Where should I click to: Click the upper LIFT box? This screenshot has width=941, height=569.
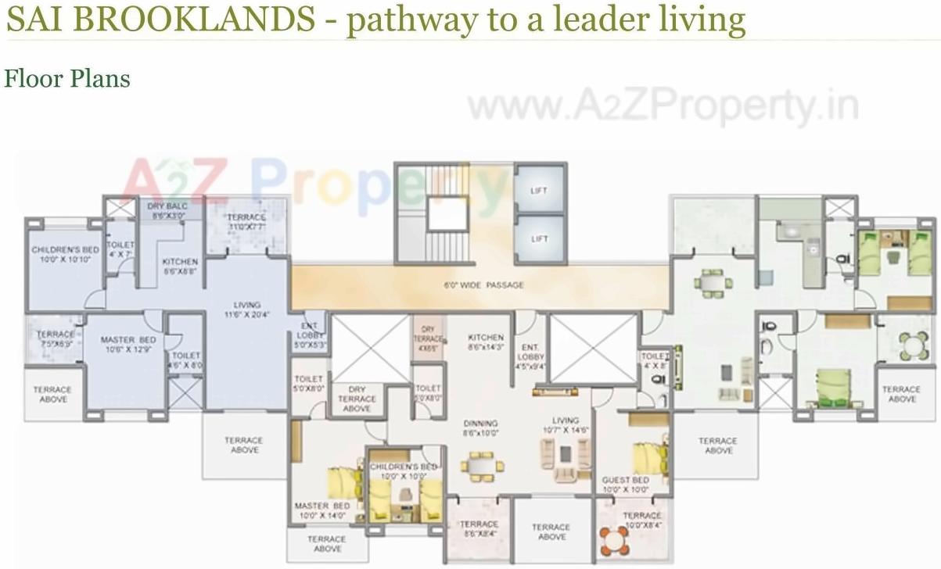(539, 190)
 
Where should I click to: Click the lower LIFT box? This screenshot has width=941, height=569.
(539, 238)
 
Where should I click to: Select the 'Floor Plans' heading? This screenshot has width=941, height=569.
(66, 78)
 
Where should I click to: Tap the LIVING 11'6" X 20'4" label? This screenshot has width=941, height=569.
(246, 310)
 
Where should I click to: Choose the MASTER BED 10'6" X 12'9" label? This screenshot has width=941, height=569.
(128, 345)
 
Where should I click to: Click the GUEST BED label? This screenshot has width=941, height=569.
(625, 485)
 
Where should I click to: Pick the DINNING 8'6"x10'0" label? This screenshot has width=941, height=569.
(480, 428)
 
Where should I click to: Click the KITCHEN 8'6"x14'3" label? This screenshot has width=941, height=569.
(485, 342)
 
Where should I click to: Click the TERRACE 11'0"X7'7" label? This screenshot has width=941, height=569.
(246, 222)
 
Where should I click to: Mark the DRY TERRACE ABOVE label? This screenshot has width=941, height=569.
(357, 399)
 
